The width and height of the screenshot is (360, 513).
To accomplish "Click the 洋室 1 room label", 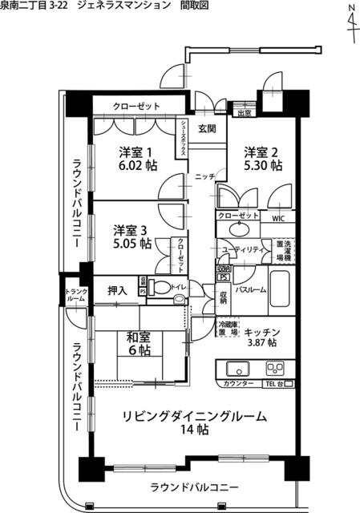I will click(x=136, y=151).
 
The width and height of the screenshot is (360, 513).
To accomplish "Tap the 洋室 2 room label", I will click(x=262, y=151).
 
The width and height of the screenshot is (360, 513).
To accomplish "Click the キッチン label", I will click(x=261, y=330).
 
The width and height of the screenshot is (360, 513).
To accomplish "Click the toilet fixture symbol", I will click(x=163, y=289).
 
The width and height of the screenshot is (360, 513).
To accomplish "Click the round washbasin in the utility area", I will click(x=237, y=229).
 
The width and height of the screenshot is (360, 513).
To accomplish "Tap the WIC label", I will click(x=278, y=216).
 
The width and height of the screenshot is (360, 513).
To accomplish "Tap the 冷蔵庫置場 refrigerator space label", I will click(x=228, y=328).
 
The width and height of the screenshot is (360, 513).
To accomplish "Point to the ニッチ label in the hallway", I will click(x=203, y=176).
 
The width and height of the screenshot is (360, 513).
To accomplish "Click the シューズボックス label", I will click(x=184, y=137).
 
